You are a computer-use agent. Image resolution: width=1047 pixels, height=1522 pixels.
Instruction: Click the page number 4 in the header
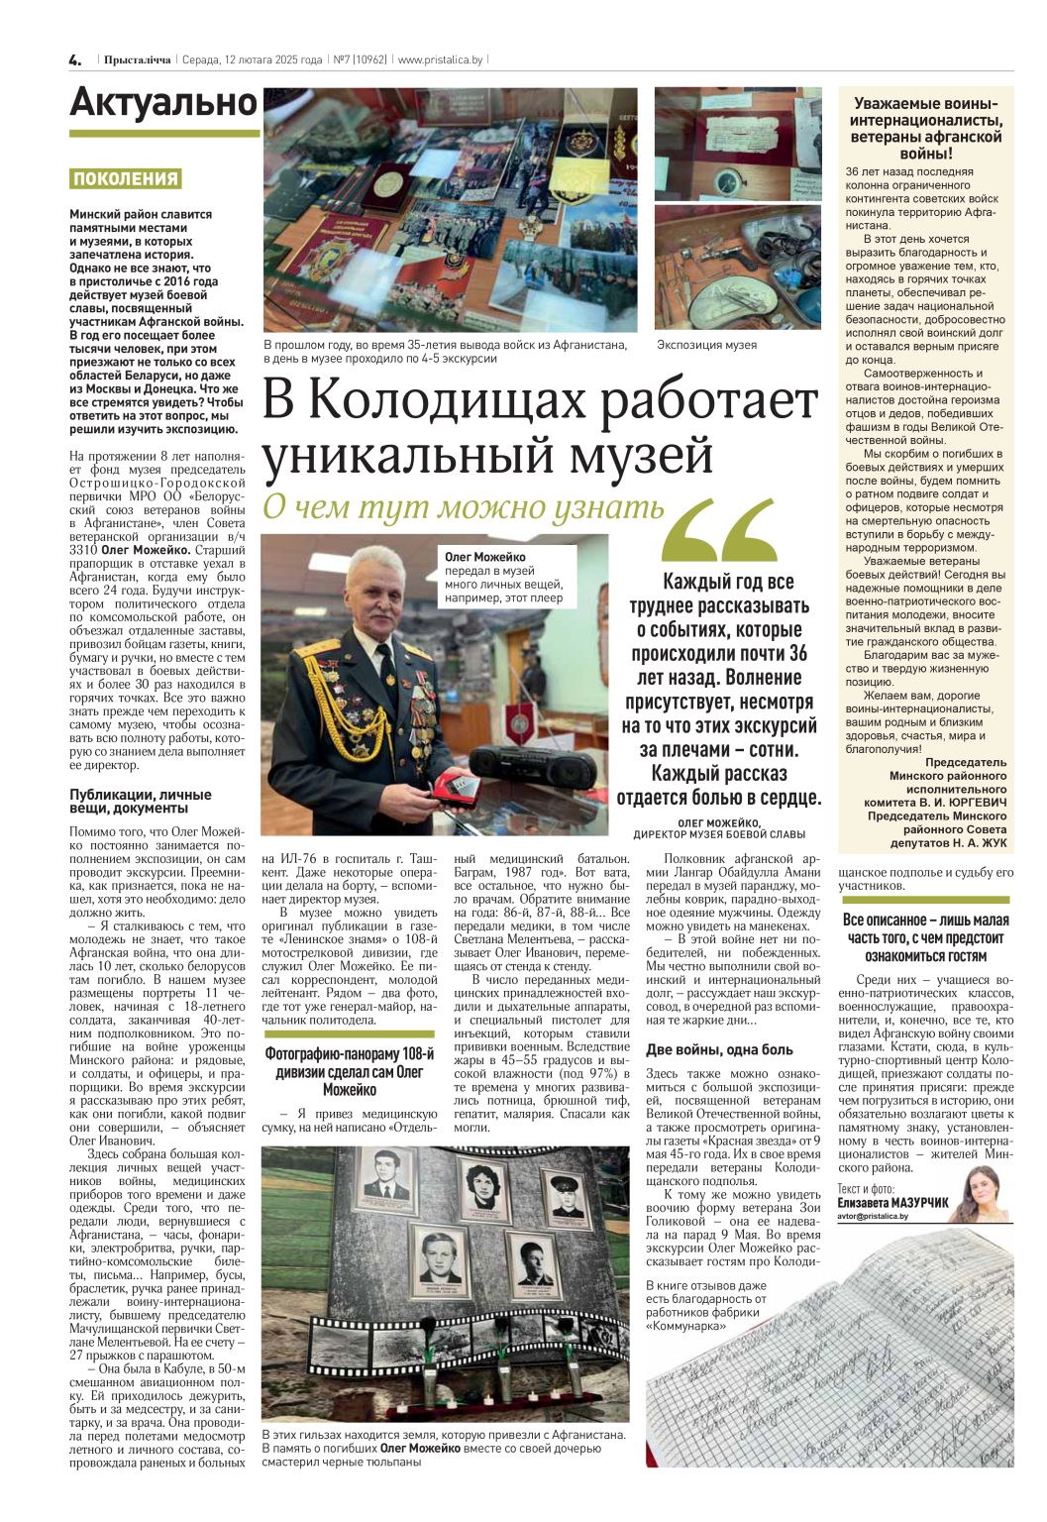click(x=75, y=60)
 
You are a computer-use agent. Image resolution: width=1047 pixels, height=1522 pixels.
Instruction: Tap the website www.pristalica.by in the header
click(x=440, y=60)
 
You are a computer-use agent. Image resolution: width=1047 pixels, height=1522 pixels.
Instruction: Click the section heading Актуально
click(x=163, y=103)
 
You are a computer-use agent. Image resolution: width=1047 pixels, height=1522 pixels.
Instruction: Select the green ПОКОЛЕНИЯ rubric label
click(x=126, y=179)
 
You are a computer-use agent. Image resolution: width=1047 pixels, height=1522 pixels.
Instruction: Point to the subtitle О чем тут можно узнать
click(x=463, y=506)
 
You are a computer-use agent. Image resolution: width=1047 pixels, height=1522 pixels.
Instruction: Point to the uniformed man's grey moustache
click(x=380, y=600)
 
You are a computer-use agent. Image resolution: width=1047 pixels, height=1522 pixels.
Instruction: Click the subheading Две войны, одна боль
click(x=719, y=1049)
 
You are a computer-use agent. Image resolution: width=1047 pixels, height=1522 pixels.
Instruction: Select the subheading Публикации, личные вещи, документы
click(x=141, y=801)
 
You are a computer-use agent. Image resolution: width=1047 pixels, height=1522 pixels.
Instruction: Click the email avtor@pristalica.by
click(x=872, y=1215)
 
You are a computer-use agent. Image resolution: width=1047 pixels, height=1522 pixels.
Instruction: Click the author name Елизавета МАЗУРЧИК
click(x=892, y=1202)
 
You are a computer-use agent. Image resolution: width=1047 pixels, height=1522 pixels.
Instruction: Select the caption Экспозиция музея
click(x=706, y=345)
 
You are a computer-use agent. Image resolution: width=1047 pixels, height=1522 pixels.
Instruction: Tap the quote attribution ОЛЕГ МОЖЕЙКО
click(x=719, y=822)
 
